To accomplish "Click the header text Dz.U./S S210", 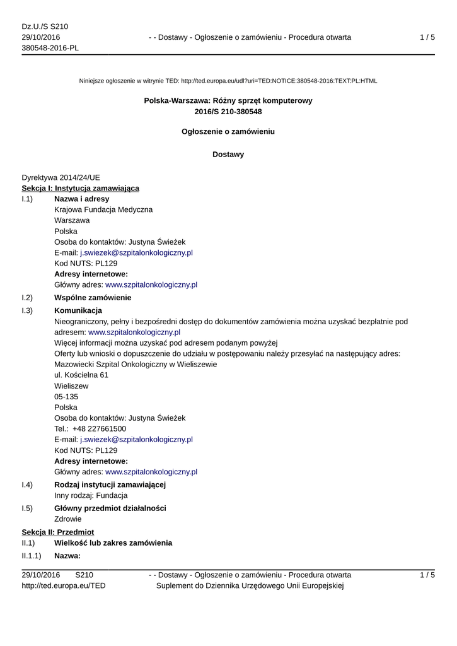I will coord(45,26).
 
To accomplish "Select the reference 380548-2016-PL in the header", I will coord(50,49).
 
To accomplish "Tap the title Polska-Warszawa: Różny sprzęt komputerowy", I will coord(228,100).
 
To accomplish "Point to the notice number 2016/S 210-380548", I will coord(228,112).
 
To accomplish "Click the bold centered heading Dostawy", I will coord(228,154).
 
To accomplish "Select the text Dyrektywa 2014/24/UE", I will coord(61,177).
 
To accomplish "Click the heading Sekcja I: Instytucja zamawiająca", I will coord(81,188).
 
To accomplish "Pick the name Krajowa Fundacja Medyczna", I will coord(103,209).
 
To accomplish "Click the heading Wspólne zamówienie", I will coord(93,297).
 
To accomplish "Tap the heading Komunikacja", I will coord(78,310).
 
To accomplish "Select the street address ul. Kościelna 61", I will coord(81,375).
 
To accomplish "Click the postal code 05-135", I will coord(66,396).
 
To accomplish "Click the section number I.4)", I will coord(27,484).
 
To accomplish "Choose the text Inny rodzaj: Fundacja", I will coord(91,495).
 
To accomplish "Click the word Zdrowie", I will coord(68,519).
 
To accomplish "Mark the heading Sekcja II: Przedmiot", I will coord(58,532).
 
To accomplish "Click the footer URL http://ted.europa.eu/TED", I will coord(64,585).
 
